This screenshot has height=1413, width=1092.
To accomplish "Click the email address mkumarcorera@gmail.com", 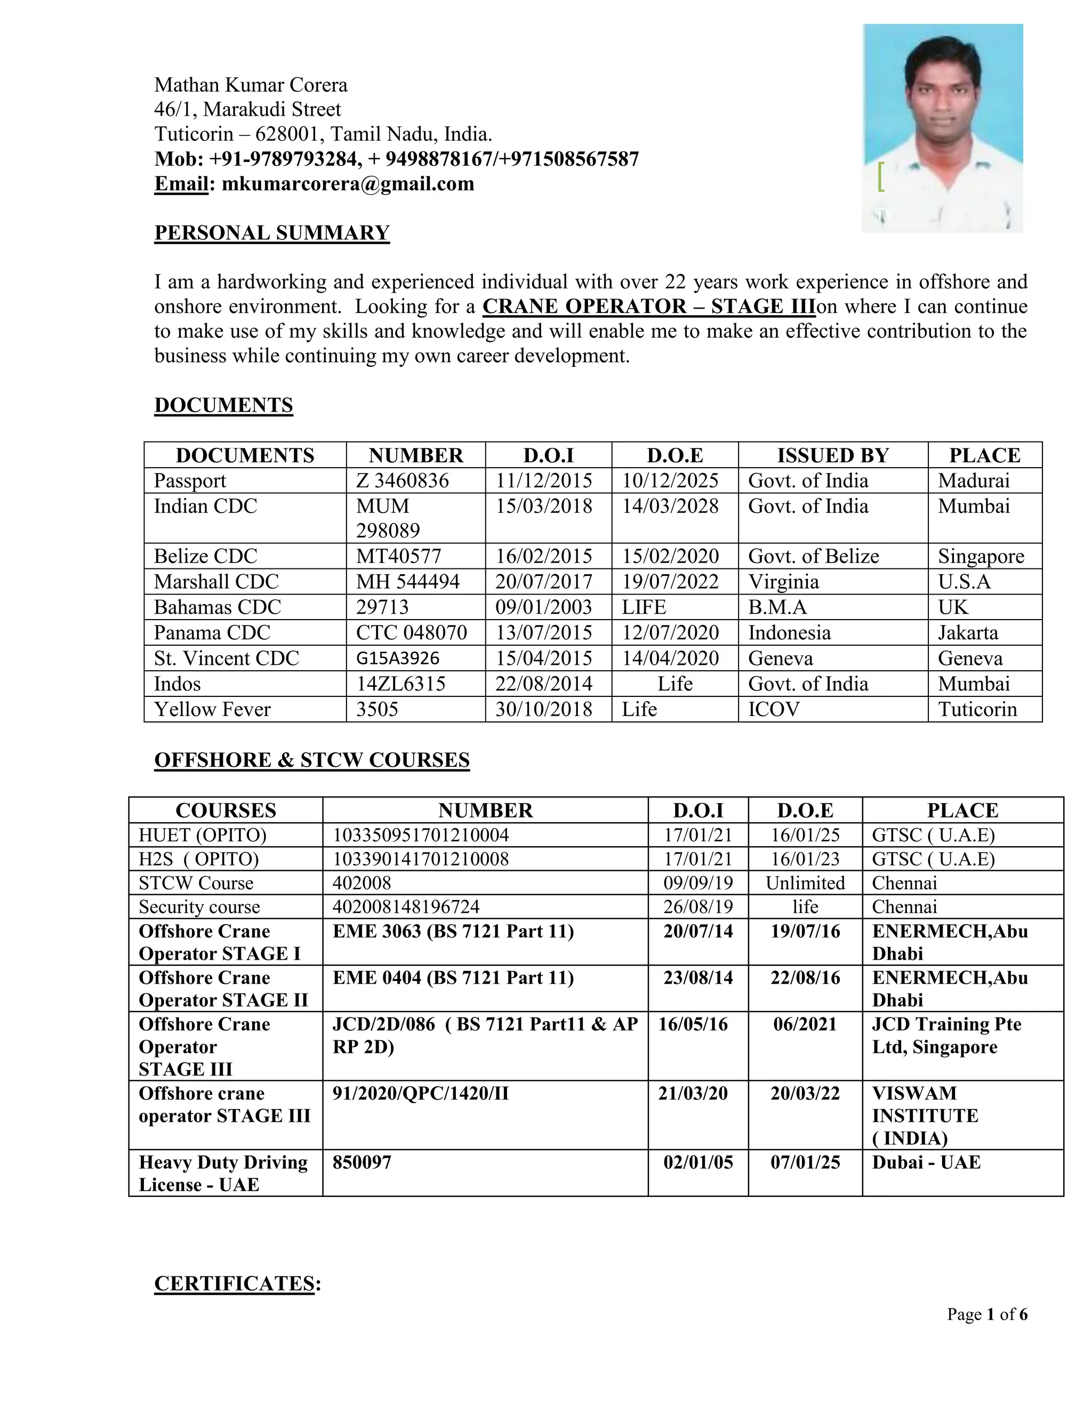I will coord(348,184).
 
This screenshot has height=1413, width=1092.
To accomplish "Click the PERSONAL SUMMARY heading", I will coord(272,233).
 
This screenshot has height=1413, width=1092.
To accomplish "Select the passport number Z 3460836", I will coord(403,481).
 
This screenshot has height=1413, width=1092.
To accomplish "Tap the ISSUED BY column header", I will coord(832,455).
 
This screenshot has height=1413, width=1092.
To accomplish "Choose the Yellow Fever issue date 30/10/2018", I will coord(543,710).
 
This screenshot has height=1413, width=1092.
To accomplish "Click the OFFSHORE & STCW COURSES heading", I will coord(312,760).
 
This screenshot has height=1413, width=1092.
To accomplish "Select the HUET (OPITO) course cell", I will coord(203,835).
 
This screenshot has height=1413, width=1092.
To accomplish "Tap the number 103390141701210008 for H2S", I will coord(421,859).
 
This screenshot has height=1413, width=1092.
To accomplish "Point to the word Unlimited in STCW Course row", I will coord(805,883).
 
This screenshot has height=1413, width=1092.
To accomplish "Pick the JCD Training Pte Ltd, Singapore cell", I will coord(946,1035).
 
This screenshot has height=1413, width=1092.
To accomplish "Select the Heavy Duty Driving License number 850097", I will coord(362,1162).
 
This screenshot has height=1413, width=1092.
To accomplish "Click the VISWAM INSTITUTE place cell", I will coord(925,1115).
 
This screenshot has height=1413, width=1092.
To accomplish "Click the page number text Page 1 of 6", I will coord(986,1315).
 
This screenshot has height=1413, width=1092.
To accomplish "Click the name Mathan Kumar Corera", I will coord(251,85).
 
